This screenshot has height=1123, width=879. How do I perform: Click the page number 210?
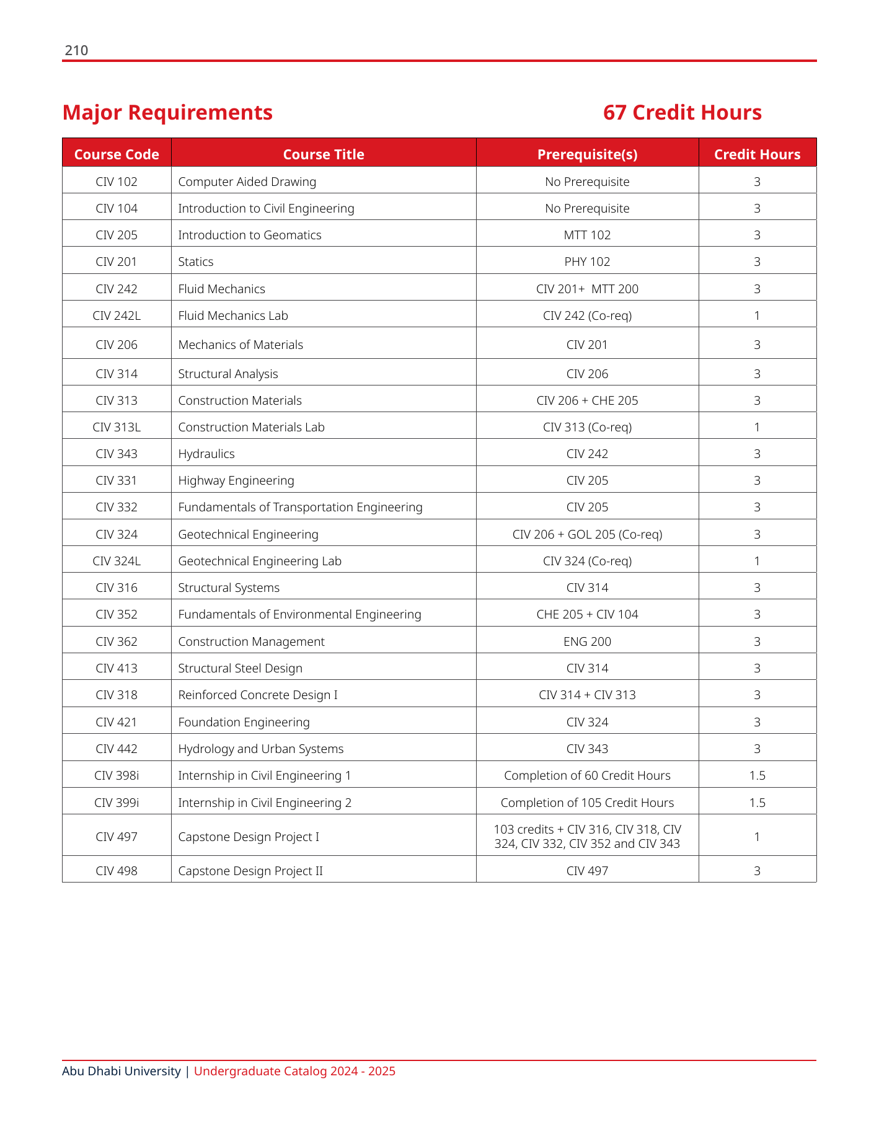coord(76,51)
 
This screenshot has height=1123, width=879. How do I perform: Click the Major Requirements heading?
coord(167,113)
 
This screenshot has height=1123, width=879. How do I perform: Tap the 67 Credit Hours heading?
coord(682,113)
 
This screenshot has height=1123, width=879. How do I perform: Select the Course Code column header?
coord(117,154)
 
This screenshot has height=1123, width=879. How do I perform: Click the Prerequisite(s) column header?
coord(587,154)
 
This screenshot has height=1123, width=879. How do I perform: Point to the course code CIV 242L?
coord(117,315)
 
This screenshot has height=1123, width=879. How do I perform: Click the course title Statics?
coord(196,262)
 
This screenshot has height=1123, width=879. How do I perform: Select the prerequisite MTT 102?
coord(587,235)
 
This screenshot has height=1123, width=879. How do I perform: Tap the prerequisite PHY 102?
coord(587,262)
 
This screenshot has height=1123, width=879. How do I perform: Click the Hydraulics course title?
coord(206,454)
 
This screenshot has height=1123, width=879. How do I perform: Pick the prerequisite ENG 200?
coord(587,641)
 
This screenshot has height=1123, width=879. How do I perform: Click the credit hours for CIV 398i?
coord(757,775)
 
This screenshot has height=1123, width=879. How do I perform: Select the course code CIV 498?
coord(117,871)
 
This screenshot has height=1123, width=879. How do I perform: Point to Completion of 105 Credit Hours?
coord(587,803)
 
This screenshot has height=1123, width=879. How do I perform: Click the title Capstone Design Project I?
coord(249,837)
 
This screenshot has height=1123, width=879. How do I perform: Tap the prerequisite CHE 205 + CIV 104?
coord(587,614)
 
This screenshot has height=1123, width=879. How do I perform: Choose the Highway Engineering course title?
coord(236,480)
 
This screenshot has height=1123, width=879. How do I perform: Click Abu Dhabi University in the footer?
coord(121,1071)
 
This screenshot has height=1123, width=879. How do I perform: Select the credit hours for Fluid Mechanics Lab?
coord(757,315)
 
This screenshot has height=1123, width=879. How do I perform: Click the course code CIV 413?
coord(117,668)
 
